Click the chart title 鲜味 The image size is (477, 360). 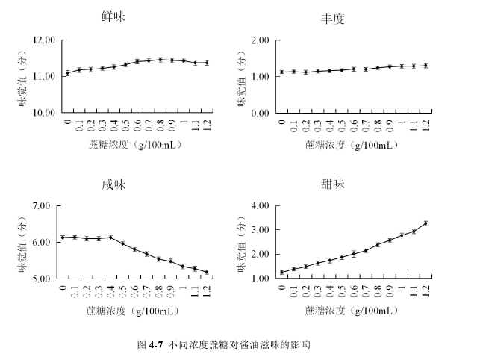[x=113, y=17]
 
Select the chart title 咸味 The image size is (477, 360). [x=113, y=185]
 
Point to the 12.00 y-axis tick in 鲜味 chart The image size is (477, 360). [x=46, y=40]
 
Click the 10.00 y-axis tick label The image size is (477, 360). [x=46, y=113]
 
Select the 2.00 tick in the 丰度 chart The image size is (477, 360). [x=258, y=40]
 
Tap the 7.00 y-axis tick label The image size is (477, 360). [x=48, y=206]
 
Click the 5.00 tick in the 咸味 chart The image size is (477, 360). [x=48, y=279]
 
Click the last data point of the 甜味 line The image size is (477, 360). [x=425, y=223]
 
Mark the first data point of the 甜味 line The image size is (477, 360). [x=281, y=273]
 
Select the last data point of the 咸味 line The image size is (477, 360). [x=207, y=272]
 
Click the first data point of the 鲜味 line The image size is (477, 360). [x=67, y=73]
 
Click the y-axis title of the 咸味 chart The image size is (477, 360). [x=23, y=240]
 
